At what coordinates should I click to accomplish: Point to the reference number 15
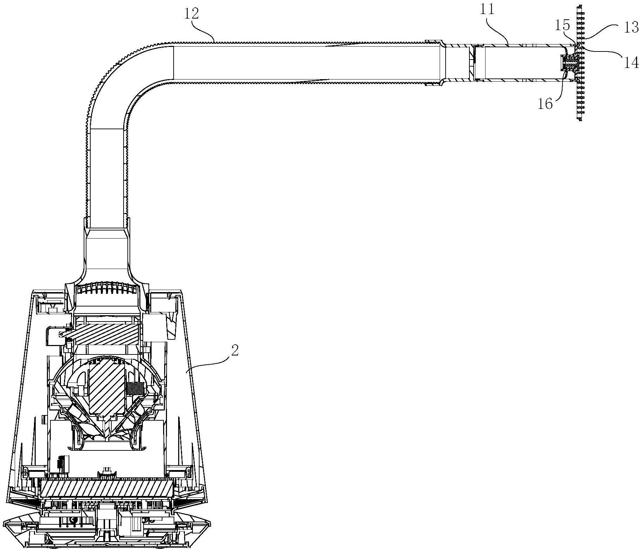[x=563, y=25]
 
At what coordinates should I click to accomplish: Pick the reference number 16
[x=545, y=104]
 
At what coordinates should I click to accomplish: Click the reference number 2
[x=235, y=350]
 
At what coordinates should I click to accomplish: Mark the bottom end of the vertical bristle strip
[x=581, y=119]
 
